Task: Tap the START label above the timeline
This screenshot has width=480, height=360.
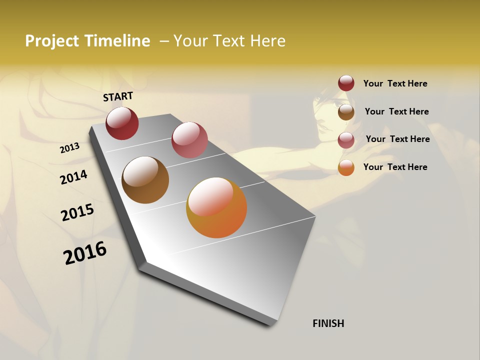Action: (118, 96)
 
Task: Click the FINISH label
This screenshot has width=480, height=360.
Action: (328, 323)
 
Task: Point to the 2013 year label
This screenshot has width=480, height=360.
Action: (69, 148)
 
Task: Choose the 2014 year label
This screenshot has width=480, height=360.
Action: (73, 177)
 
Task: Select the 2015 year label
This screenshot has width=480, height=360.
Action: (77, 212)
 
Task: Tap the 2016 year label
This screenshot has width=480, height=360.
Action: (85, 253)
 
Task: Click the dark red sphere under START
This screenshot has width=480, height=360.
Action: (122, 123)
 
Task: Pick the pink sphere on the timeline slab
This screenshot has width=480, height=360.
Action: (189, 140)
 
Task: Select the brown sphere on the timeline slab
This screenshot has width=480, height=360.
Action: (145, 180)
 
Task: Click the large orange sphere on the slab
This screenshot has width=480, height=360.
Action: (216, 207)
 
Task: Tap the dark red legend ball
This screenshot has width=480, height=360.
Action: (346, 83)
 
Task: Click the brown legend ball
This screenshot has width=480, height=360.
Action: (346, 112)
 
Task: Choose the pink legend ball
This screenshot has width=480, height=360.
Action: (346, 140)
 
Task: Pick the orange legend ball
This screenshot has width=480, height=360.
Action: (346, 167)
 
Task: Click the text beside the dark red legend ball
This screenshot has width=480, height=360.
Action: (395, 84)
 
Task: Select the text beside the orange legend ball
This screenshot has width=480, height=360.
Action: (395, 167)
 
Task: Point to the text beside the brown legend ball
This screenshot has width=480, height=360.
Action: (396, 111)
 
